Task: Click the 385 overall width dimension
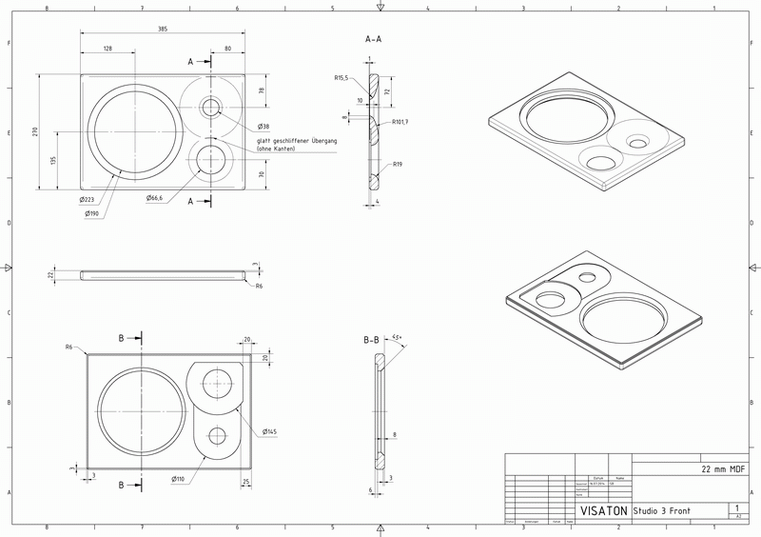coord(162,30)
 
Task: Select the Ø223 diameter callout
coord(87,200)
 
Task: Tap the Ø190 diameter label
coord(93,213)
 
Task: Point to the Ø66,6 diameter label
coord(155,198)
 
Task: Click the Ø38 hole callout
coord(263,127)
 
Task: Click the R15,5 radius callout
coord(341,78)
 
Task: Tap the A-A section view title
coord(374,40)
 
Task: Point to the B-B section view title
coord(373,339)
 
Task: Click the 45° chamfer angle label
coord(397,337)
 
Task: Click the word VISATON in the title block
coord(603,510)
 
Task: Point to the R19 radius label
coord(399,164)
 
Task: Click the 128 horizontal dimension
coord(107,48)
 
